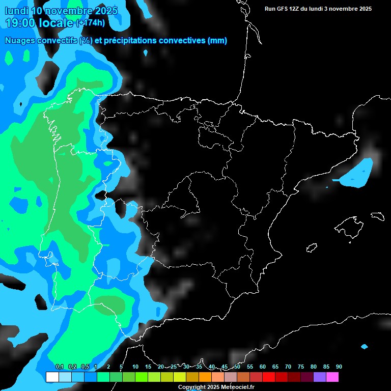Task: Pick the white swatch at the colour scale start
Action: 52,377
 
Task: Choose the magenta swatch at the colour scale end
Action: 332,377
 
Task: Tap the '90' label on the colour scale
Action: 339,367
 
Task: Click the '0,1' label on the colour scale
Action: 59,367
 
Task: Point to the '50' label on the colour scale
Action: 237,367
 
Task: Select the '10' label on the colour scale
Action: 135,367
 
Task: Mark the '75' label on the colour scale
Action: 300,367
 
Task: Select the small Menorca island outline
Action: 377,216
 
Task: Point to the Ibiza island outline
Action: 312,247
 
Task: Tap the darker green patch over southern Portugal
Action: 110,304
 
